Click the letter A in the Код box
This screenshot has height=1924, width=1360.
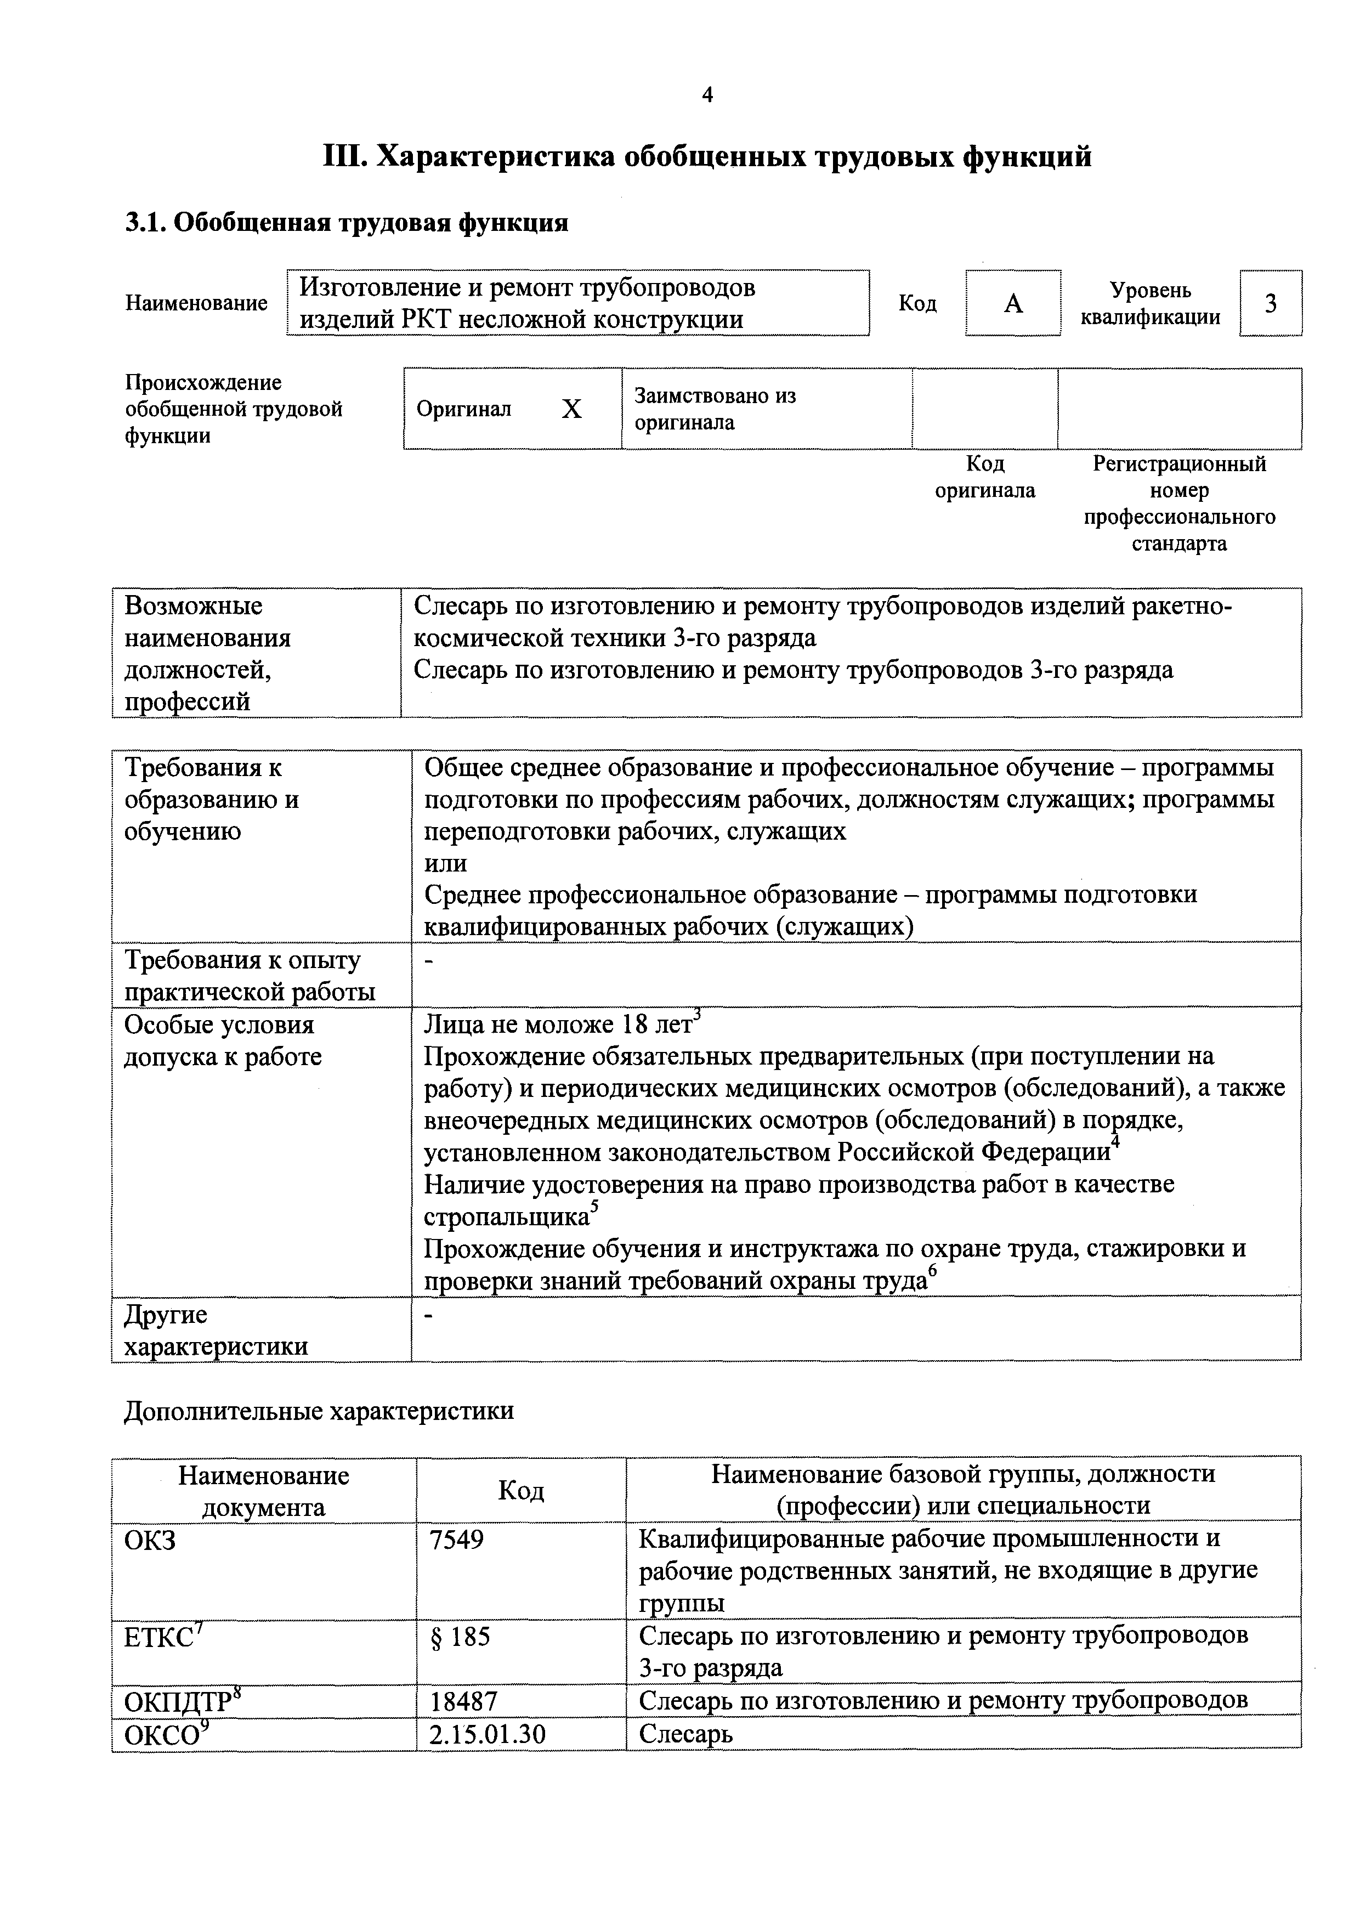pyautogui.click(x=1013, y=303)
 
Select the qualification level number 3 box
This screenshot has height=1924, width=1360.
pyautogui.click(x=1271, y=303)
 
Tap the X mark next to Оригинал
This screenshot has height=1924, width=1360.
pyautogui.click(x=571, y=409)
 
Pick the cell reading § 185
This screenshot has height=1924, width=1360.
pyautogui.click(x=460, y=1636)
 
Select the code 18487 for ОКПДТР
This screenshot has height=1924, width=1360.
pyautogui.click(x=463, y=1701)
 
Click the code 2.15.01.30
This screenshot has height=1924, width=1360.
pyautogui.click(x=487, y=1734)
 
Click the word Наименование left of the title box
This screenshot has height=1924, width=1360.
pyautogui.click(x=196, y=303)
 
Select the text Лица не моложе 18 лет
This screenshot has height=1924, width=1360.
pyautogui.click(x=558, y=1024)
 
